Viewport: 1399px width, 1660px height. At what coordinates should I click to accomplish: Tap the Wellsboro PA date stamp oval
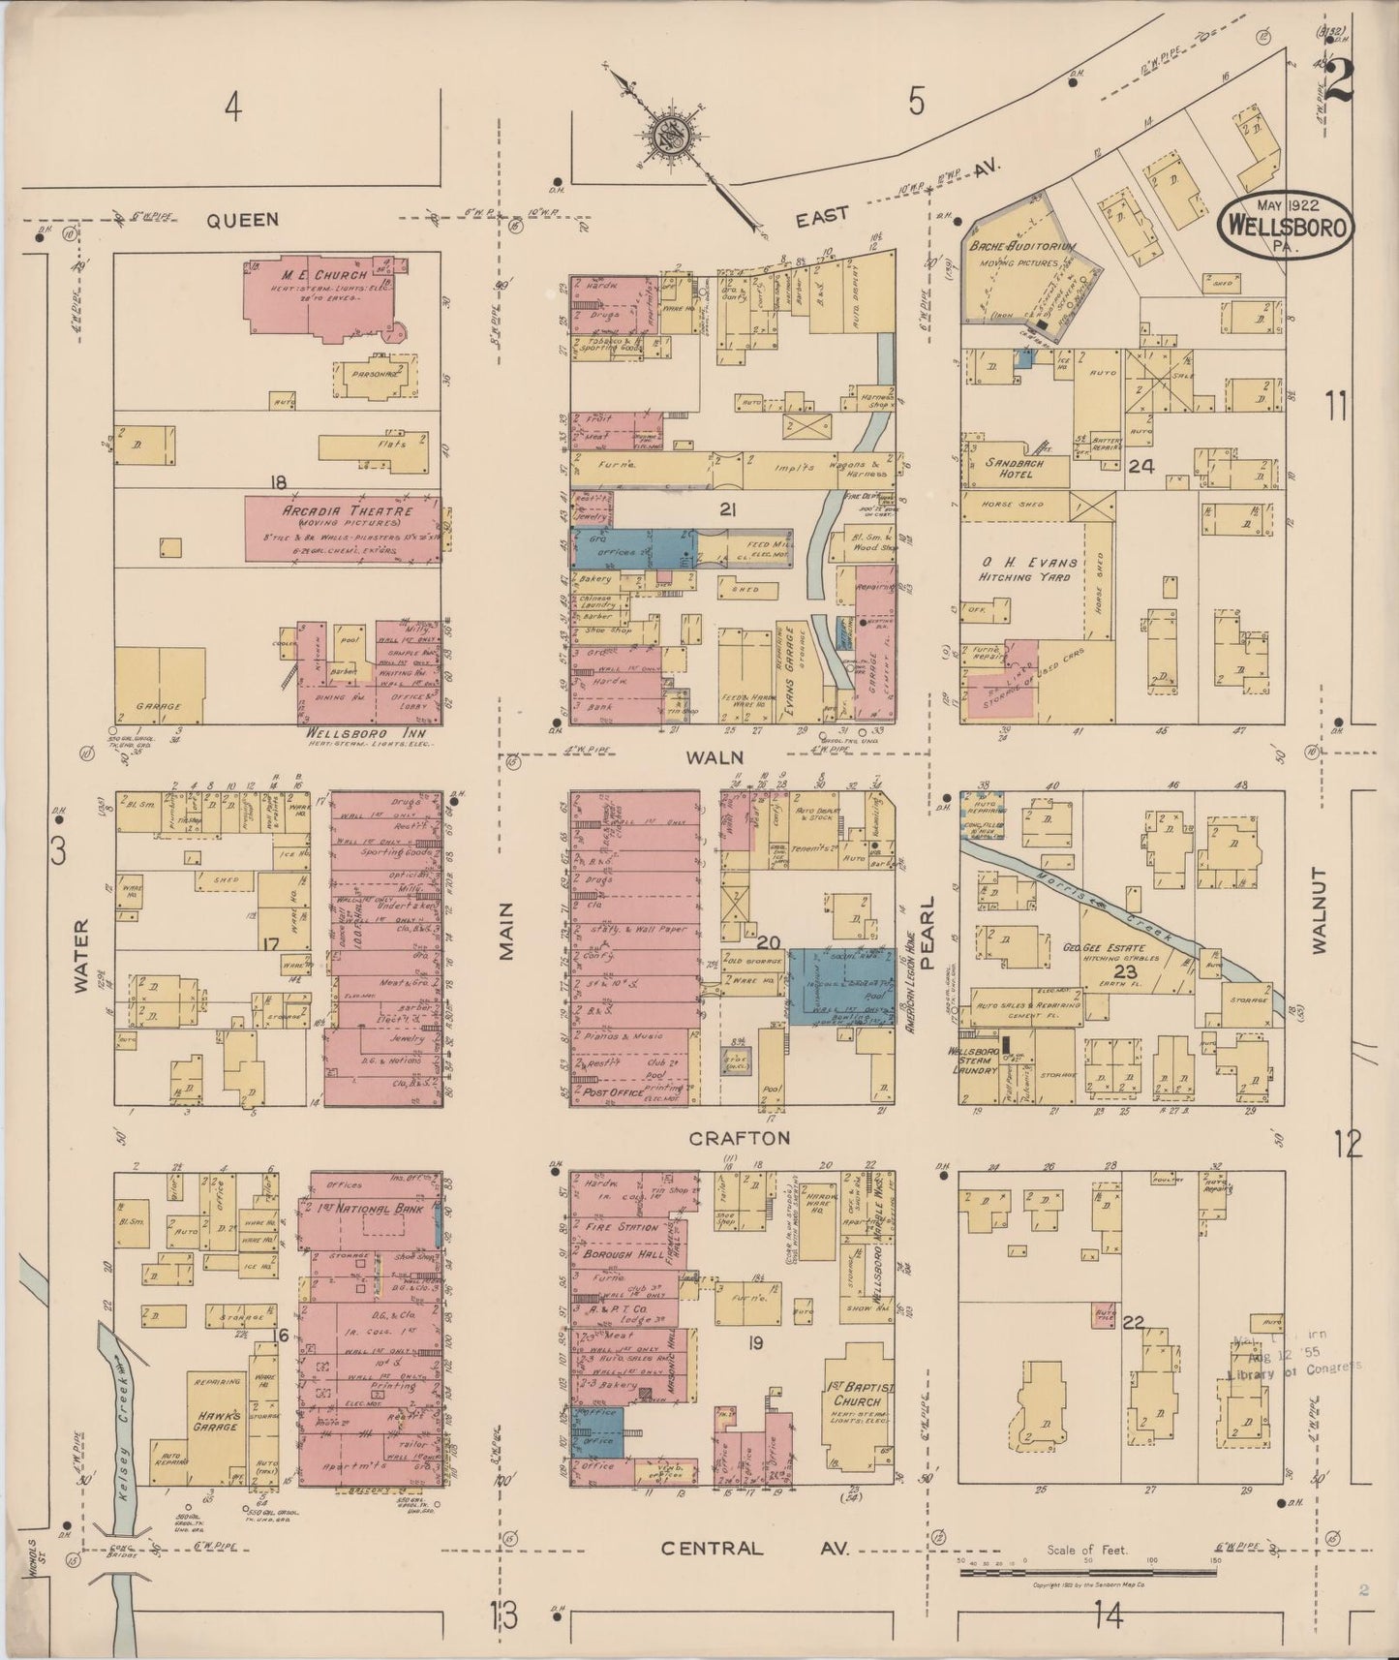pos(1287,225)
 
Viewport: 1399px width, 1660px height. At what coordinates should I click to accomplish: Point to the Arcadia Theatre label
pos(334,511)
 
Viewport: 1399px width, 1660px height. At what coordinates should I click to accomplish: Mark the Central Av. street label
pos(754,1548)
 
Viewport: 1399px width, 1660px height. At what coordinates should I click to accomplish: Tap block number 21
pos(728,508)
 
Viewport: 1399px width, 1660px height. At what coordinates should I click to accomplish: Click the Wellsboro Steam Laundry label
pos(979,1063)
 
